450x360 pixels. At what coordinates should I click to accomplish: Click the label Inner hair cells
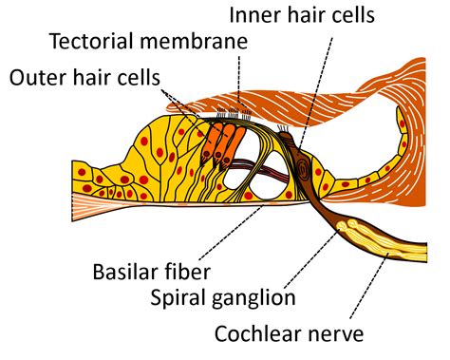302,14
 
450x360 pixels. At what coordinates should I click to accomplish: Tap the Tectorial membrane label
149,41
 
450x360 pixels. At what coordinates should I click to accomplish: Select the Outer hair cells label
84,77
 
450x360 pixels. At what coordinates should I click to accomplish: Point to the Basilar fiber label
151,272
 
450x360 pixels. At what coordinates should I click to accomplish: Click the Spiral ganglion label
223,297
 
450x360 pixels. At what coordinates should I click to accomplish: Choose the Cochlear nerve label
290,333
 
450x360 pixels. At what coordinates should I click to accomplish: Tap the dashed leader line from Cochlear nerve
368,285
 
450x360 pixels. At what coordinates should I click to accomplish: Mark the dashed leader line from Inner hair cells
315,93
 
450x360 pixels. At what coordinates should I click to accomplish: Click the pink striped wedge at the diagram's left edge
95,207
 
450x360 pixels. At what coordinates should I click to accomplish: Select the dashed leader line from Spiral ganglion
311,259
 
